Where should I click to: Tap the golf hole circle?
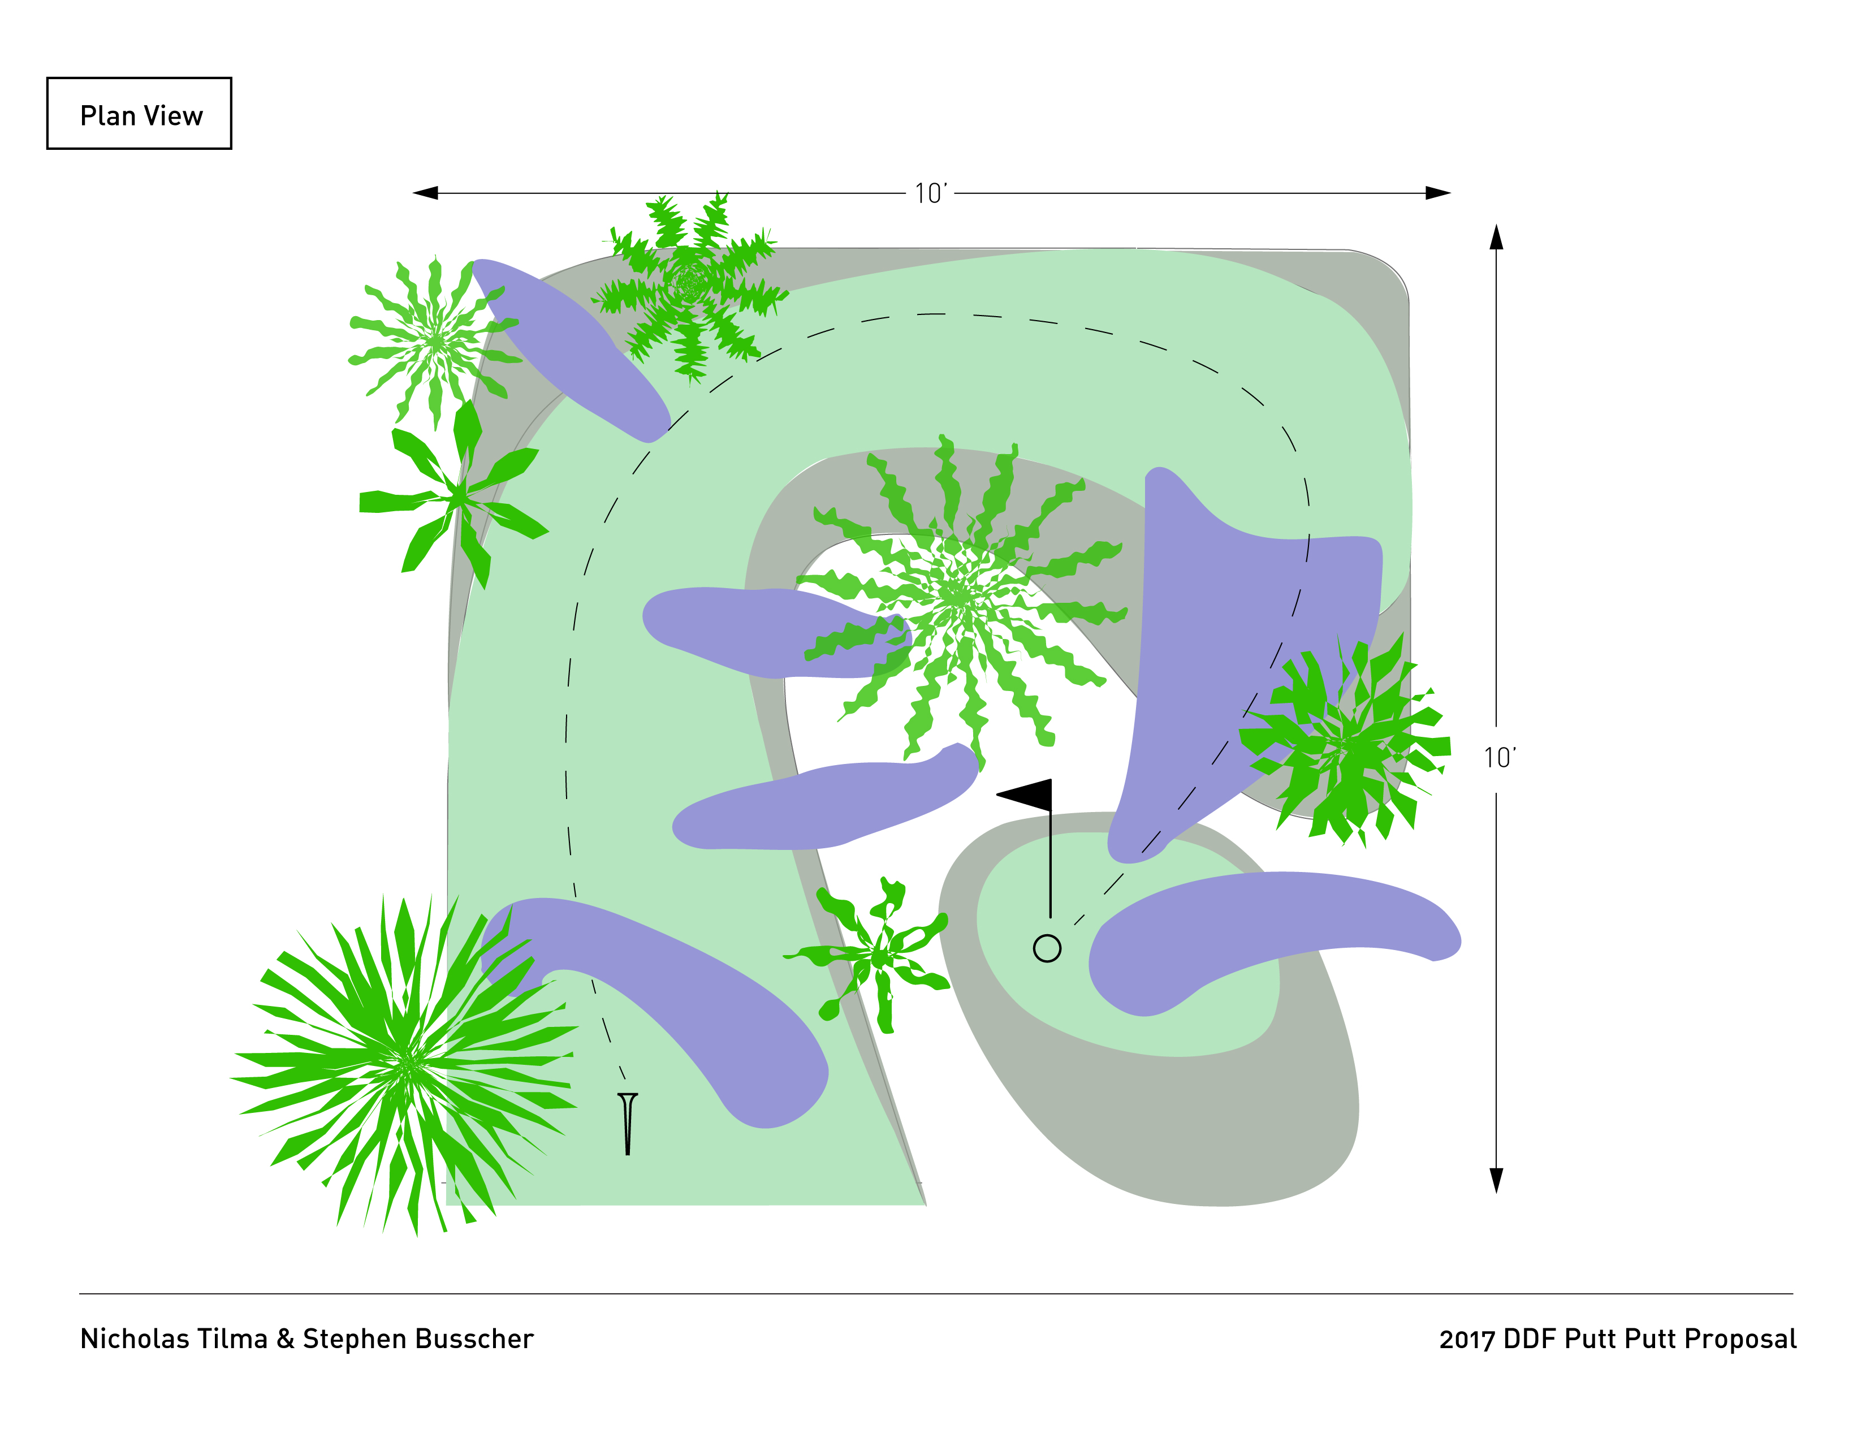[1047, 948]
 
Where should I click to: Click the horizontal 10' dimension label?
[930, 194]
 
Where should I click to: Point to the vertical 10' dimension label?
[1500, 758]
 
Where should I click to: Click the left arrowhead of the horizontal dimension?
[425, 193]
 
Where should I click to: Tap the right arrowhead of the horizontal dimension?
[1438, 193]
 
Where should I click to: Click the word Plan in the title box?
[107, 115]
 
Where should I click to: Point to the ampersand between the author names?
[284, 1339]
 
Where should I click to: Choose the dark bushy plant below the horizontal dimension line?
[690, 284]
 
